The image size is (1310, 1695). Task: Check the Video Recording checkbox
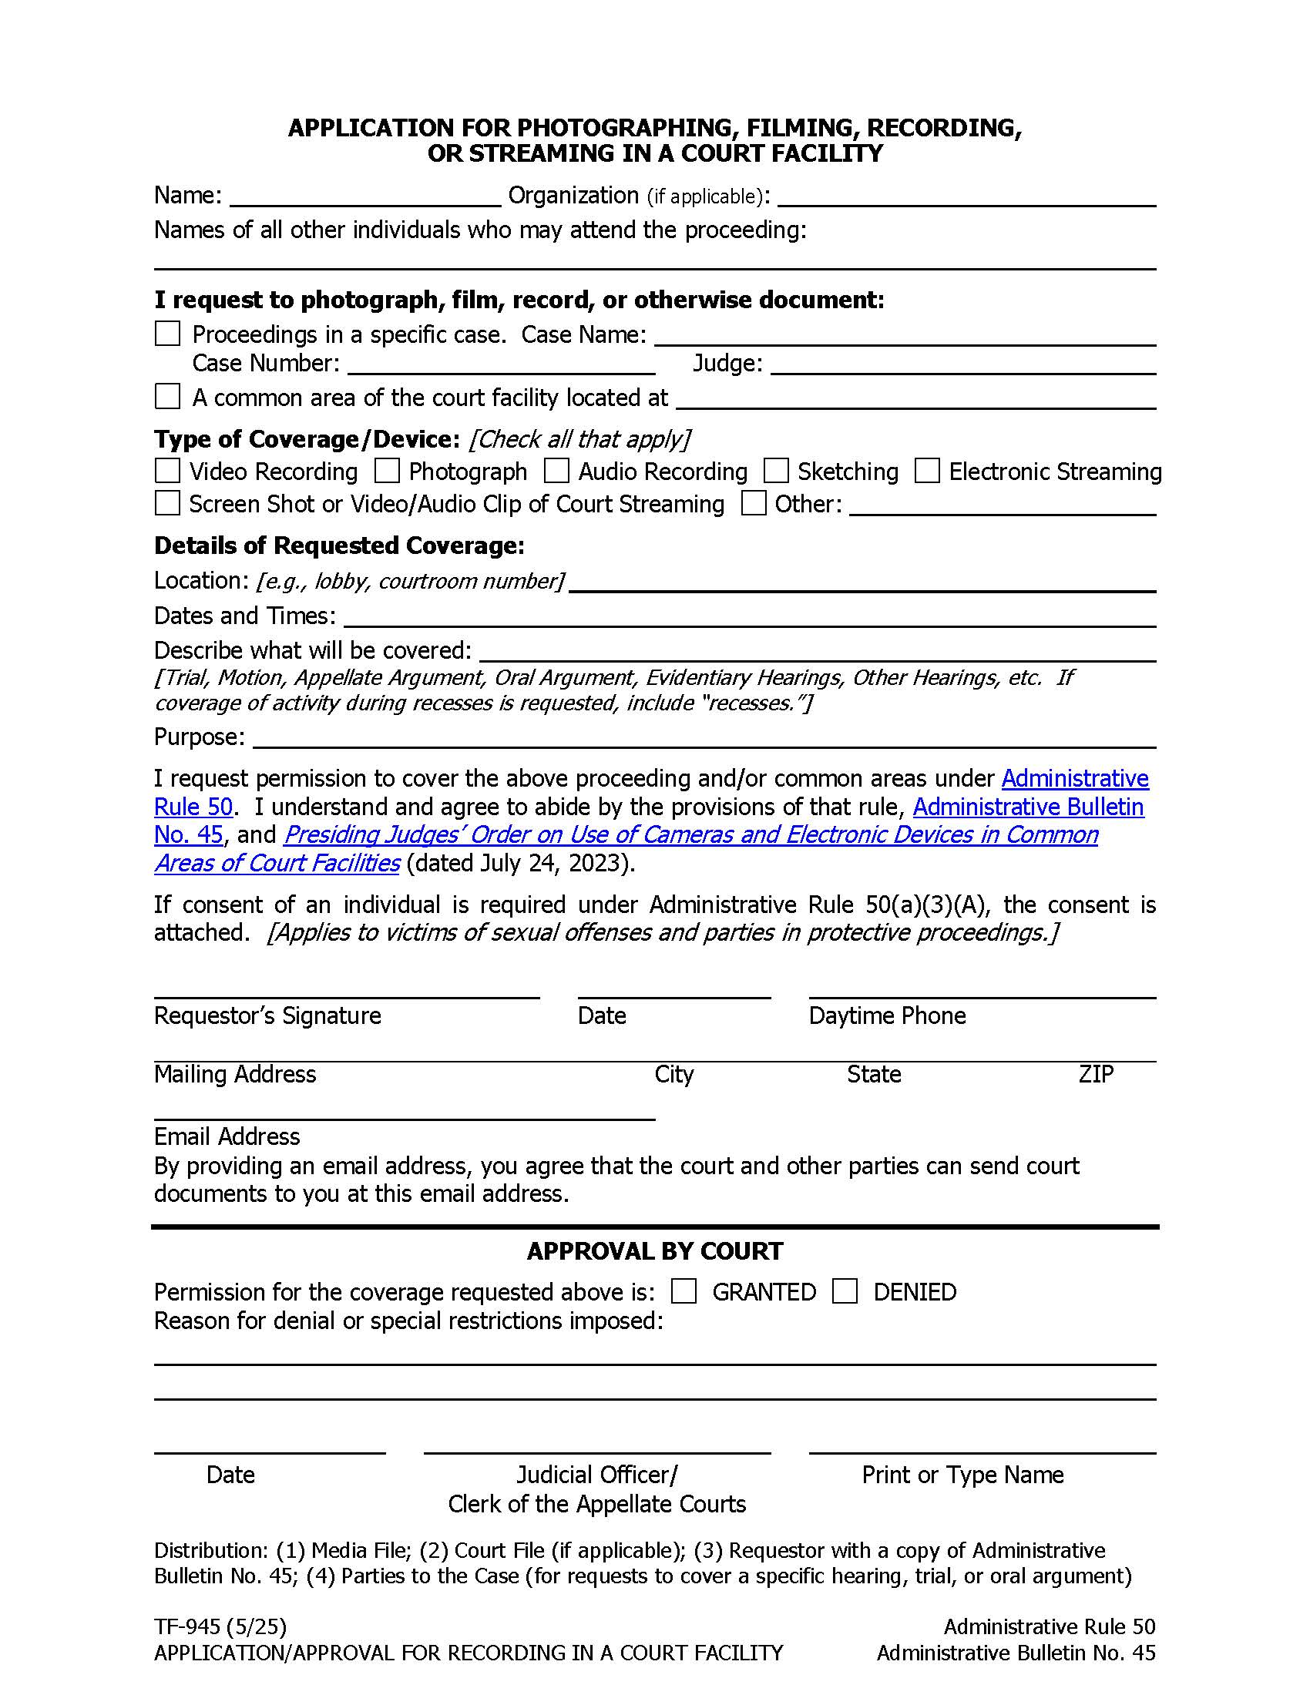pyautogui.click(x=168, y=471)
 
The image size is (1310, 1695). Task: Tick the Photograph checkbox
pyautogui.click(x=388, y=471)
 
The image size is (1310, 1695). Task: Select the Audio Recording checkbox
pyautogui.click(x=556, y=471)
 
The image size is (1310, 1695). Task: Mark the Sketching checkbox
pyautogui.click(x=776, y=471)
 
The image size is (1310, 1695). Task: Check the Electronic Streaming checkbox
pyautogui.click(x=927, y=471)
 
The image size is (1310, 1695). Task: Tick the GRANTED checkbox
pyautogui.click(x=684, y=1291)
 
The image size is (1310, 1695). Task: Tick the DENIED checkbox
pyautogui.click(x=845, y=1291)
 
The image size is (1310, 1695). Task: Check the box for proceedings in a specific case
pyautogui.click(x=168, y=334)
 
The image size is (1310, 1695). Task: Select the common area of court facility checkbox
pyautogui.click(x=168, y=397)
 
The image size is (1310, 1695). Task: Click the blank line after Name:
pyautogui.click(x=364, y=196)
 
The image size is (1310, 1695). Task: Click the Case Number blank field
pyautogui.click(x=501, y=364)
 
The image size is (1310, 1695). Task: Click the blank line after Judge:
pyautogui.click(x=962, y=364)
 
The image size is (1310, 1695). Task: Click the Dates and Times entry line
pyautogui.click(x=749, y=616)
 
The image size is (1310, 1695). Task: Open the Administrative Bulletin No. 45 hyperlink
pyautogui.click(x=1027, y=807)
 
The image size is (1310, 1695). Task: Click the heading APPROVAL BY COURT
pyautogui.click(x=655, y=1251)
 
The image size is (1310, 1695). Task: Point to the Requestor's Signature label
pyautogui.click(x=267, y=1016)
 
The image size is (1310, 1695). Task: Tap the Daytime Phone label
pyautogui.click(x=887, y=1016)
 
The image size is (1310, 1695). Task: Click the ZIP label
pyautogui.click(x=1096, y=1074)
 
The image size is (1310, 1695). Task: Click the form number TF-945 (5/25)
pyautogui.click(x=220, y=1626)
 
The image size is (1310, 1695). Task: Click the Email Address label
pyautogui.click(x=227, y=1136)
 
